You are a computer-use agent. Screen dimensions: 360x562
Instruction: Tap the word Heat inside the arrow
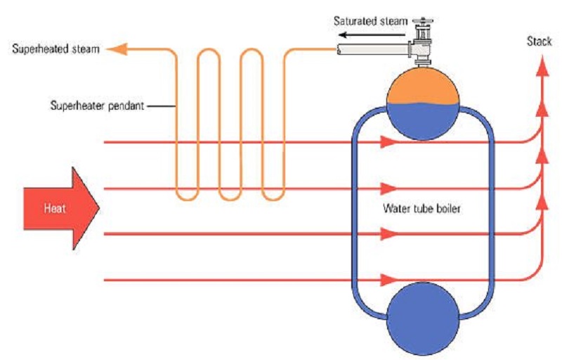(55, 209)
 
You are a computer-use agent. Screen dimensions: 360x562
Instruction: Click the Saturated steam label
(370, 20)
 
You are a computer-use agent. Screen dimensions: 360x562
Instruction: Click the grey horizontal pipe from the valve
(372, 49)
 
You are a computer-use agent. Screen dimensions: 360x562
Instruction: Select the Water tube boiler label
(421, 209)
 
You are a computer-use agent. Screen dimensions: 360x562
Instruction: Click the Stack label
(539, 41)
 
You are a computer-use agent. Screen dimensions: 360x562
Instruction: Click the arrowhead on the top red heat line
(386, 142)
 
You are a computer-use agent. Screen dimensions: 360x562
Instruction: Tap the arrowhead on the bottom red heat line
(386, 281)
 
